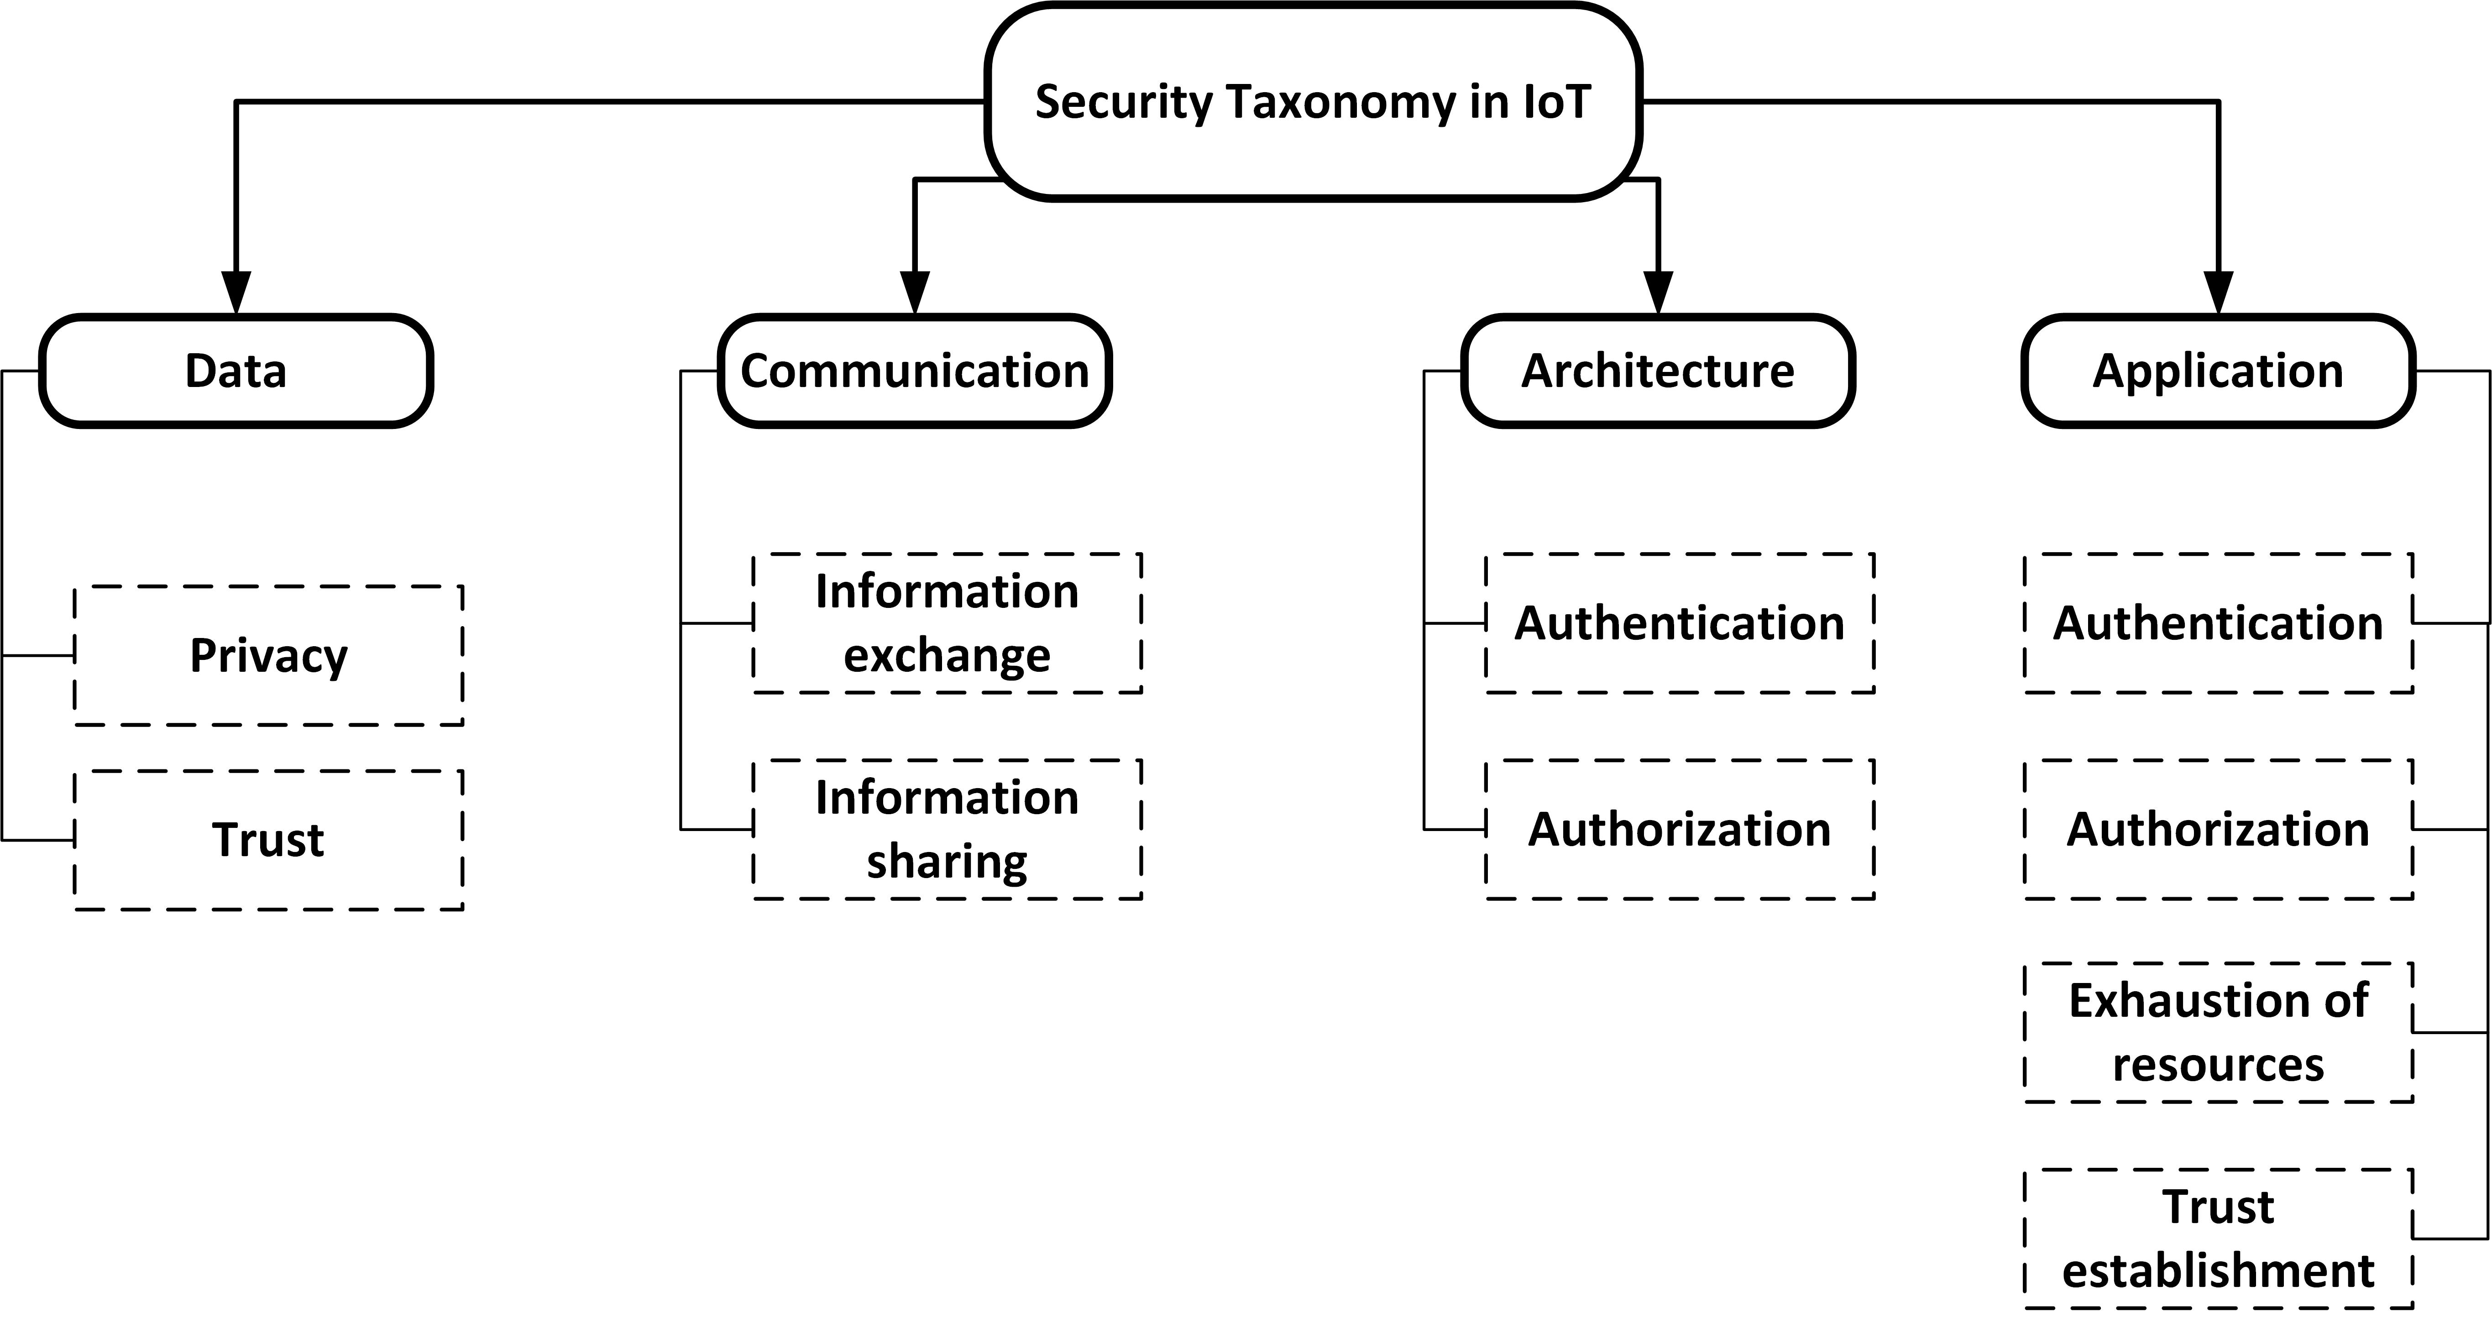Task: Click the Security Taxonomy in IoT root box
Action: [1313, 102]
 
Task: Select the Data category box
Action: [236, 371]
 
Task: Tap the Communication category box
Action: [914, 371]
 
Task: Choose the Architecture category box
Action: [1658, 371]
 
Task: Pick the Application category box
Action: [2218, 371]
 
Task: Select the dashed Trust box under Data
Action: [269, 840]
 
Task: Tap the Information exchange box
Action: [947, 623]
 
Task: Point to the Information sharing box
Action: [947, 829]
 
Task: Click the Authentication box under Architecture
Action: [1680, 623]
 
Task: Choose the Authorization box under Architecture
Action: [1680, 829]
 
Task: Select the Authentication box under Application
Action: [2218, 623]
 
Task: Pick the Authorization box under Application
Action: [2218, 829]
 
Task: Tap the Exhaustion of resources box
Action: [2218, 1032]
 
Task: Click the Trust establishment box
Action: [2218, 1238]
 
